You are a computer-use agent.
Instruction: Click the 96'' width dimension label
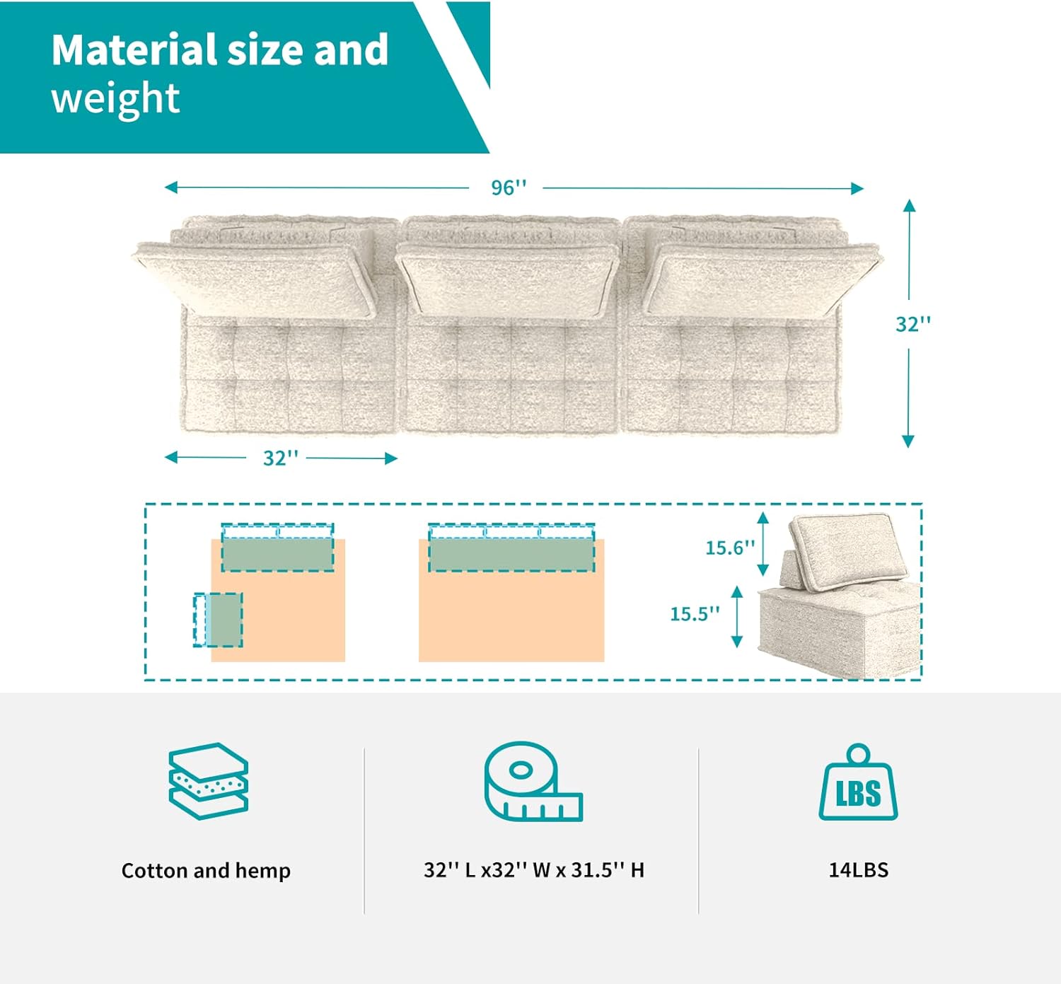509,187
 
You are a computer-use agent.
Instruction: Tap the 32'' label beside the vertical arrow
912,324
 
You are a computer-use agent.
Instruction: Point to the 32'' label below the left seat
280,458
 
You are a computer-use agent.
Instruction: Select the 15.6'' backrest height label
730,548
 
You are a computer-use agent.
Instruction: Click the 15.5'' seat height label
695,613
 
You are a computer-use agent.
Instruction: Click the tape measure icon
533,781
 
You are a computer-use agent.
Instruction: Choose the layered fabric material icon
208,781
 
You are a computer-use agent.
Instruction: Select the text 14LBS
858,869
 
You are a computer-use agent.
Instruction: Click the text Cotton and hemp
206,870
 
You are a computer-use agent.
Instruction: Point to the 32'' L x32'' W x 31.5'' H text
533,869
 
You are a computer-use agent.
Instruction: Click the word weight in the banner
115,98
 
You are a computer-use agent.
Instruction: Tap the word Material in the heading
134,50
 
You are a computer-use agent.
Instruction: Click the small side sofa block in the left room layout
219,620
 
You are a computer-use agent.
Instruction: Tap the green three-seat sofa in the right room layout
511,554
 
